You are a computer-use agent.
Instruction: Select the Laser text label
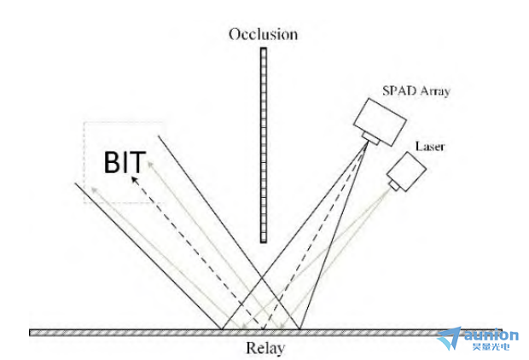coord(430,147)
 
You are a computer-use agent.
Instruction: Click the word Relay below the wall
coord(266,348)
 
